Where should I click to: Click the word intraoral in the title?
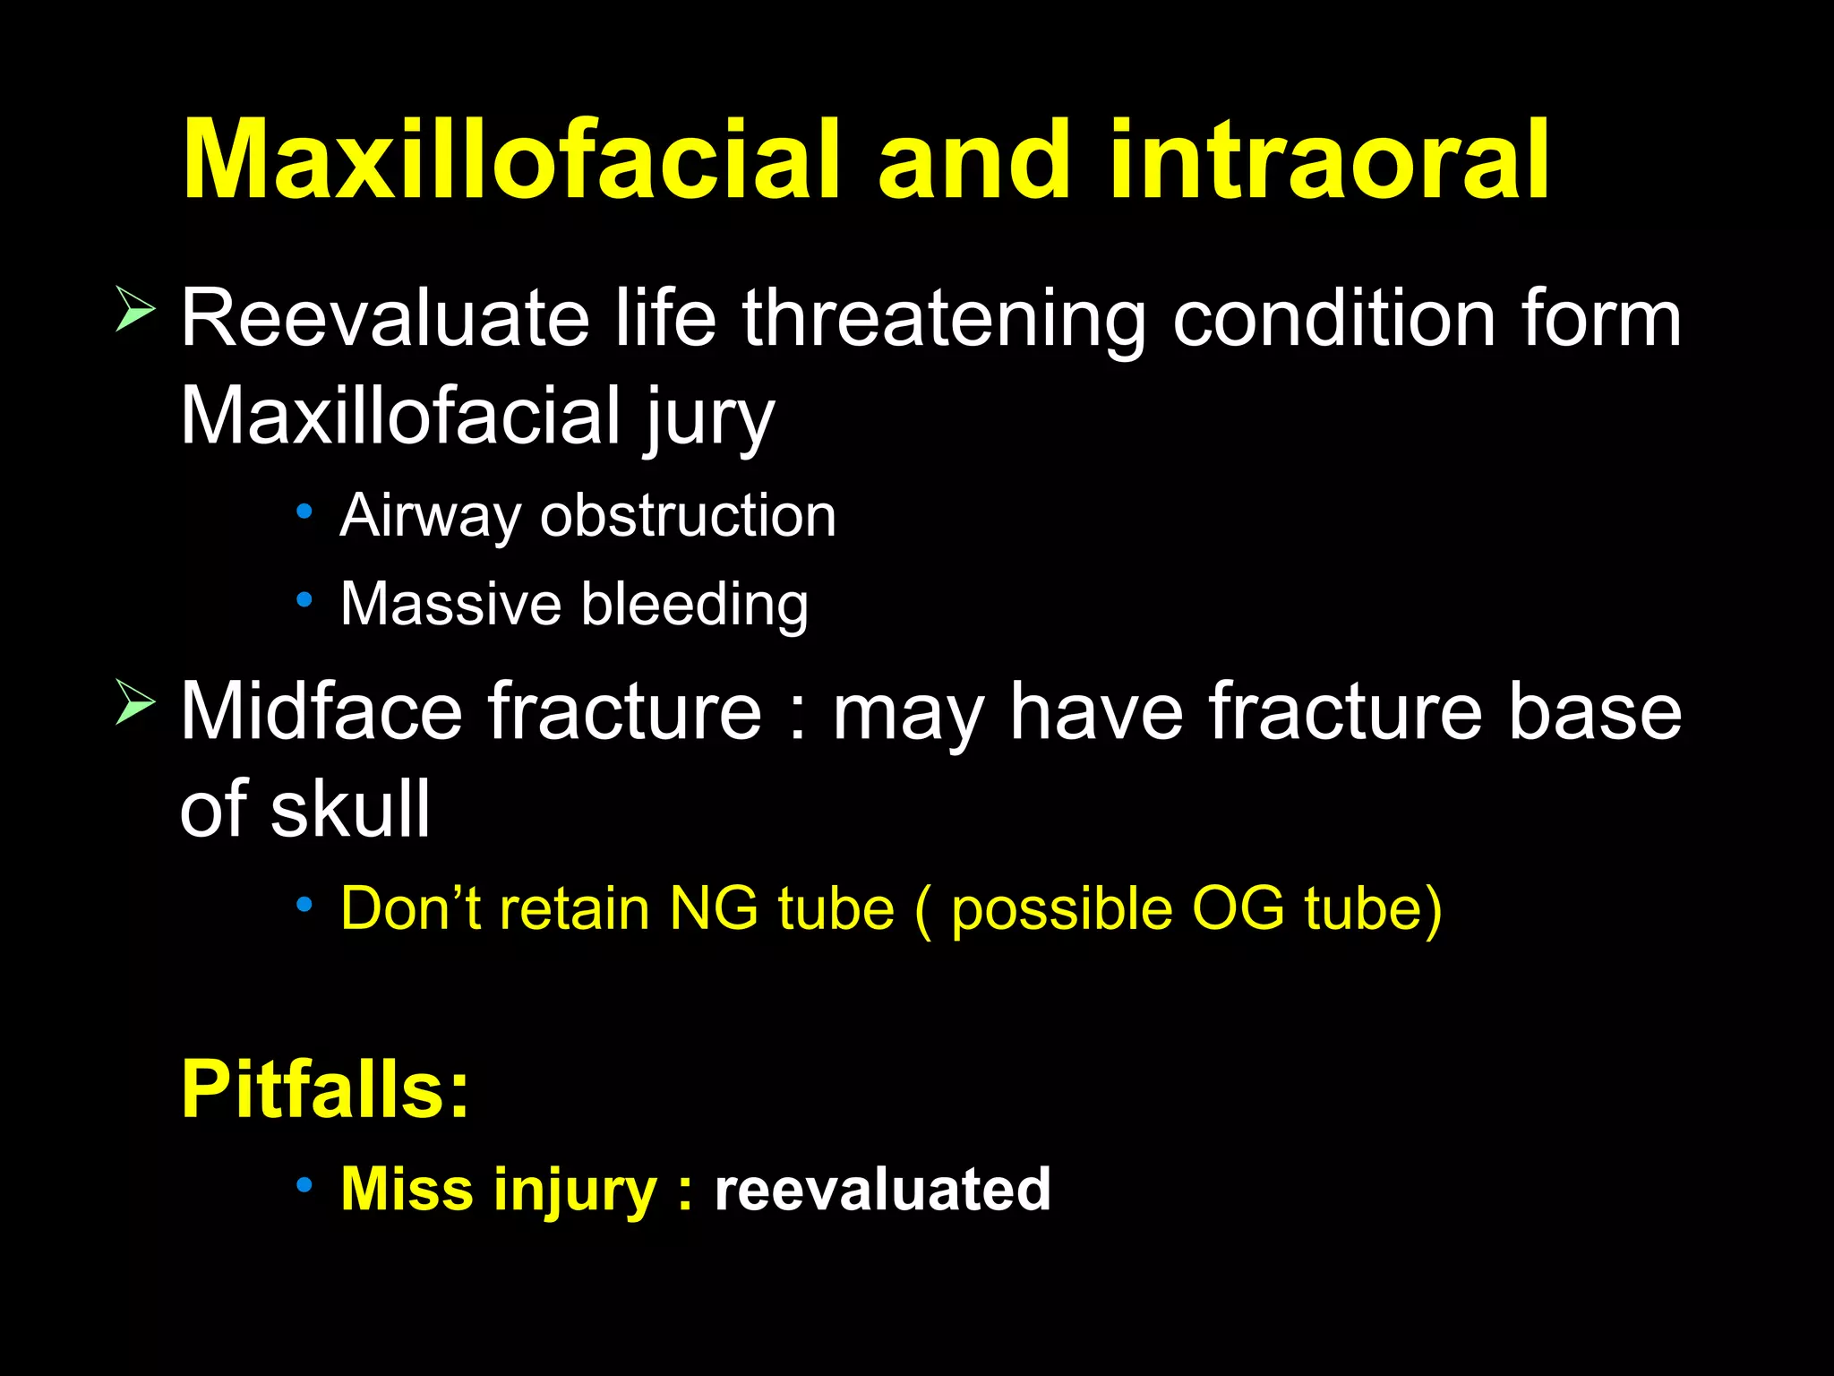(1328, 161)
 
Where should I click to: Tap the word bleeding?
(695, 606)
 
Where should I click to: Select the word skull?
(350, 809)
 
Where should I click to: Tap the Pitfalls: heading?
(324, 1089)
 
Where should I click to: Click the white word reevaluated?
(881, 1190)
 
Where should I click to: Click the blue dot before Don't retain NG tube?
(304, 905)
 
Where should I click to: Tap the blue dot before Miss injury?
(304, 1185)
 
